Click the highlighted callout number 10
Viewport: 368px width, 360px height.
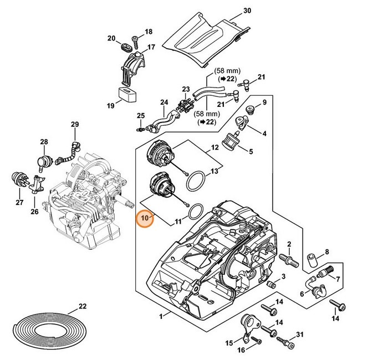pyautogui.click(x=145, y=218)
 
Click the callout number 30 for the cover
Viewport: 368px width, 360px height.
pyautogui.click(x=247, y=11)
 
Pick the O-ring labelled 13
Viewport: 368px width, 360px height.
pyautogui.click(x=196, y=181)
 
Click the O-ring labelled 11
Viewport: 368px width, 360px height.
pyautogui.click(x=195, y=213)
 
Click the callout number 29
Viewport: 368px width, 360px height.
pyautogui.click(x=75, y=124)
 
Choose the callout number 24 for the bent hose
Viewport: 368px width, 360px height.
pyautogui.click(x=163, y=102)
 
